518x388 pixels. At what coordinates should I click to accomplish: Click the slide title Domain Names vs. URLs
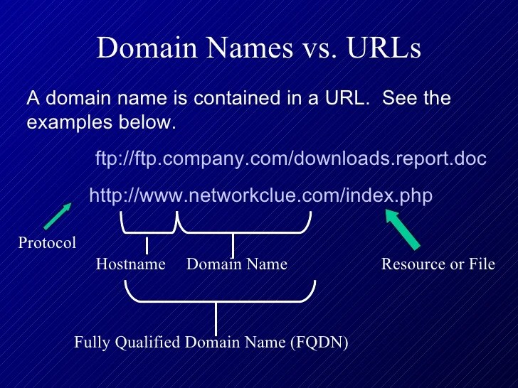click(x=259, y=48)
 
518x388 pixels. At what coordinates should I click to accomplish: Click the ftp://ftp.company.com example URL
click(x=290, y=158)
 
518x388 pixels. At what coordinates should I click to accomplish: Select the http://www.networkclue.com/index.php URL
click(x=260, y=195)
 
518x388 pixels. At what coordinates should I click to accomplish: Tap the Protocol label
click(x=47, y=243)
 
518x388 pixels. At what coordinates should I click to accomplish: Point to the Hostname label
click(x=130, y=264)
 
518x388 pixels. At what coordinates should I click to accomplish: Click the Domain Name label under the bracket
click(x=236, y=264)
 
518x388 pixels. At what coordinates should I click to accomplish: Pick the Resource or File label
click(x=438, y=264)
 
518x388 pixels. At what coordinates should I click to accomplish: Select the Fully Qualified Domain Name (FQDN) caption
click(x=211, y=343)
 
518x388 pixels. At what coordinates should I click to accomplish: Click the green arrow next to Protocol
click(x=58, y=215)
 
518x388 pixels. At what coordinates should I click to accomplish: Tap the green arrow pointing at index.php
click(x=403, y=229)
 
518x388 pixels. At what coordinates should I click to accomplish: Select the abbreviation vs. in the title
click(x=309, y=48)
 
